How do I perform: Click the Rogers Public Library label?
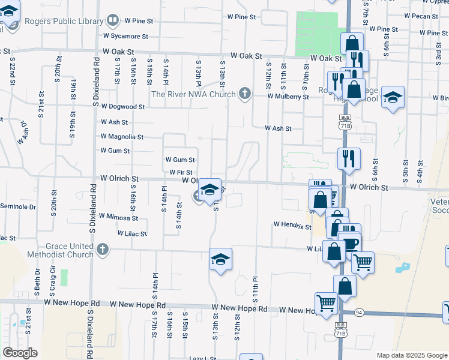tap(64, 21)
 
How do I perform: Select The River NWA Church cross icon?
tap(244, 94)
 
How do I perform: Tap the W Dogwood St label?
tap(123, 106)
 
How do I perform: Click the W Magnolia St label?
tap(121, 137)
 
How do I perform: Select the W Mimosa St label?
tap(118, 217)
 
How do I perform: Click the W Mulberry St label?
tap(288, 96)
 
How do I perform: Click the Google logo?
tap(20, 353)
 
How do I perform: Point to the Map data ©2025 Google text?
tap(411, 355)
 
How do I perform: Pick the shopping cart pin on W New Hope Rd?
tap(325, 302)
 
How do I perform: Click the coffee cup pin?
tap(349, 243)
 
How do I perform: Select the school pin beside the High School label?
tap(393, 97)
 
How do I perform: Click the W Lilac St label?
tap(132, 233)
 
